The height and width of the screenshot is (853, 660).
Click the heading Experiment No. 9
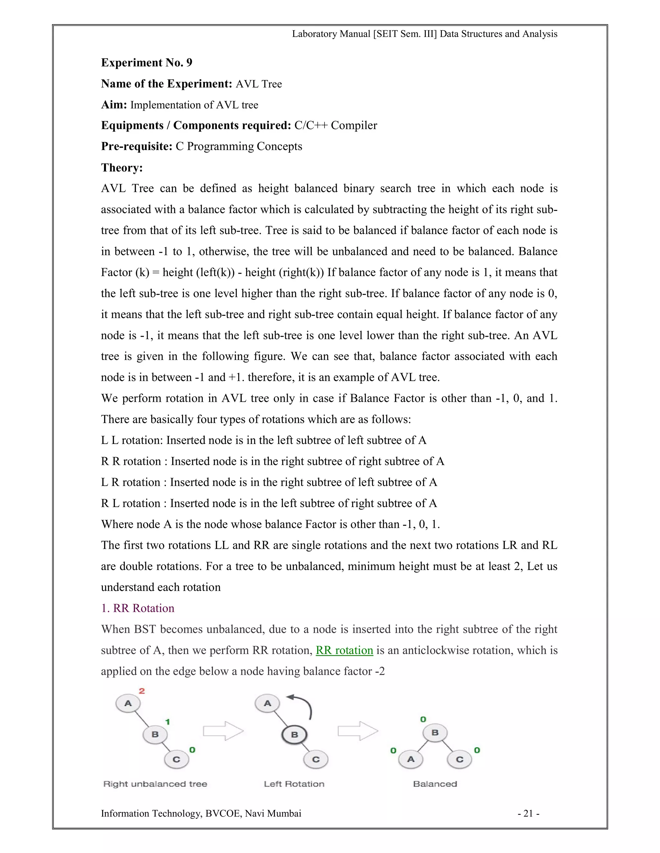[x=147, y=63]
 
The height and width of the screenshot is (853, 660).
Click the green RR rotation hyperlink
[x=344, y=650]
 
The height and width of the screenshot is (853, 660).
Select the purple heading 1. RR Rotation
[x=138, y=608]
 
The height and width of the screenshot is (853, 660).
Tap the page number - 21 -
[x=528, y=813]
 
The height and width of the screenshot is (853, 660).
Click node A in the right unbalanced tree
[x=128, y=703]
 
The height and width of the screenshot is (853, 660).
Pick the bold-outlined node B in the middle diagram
[x=295, y=735]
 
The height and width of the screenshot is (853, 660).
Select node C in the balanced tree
[x=460, y=759]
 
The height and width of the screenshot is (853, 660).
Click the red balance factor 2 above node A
[x=141, y=691]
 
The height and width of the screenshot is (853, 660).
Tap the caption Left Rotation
[x=294, y=784]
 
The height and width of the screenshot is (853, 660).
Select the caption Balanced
[x=435, y=784]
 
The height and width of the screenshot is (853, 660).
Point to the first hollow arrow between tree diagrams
[x=223, y=731]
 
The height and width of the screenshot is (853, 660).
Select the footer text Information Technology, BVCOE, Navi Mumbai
[x=201, y=813]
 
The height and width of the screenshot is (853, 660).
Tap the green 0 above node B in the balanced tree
[x=423, y=719]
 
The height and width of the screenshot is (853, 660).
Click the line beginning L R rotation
[x=269, y=483]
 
